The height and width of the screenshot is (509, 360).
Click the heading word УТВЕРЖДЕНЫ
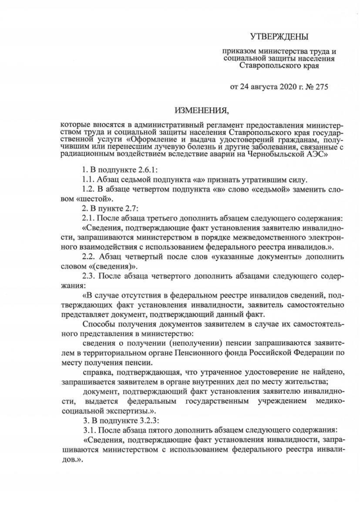point(280,37)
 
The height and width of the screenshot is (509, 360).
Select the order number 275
point(319,87)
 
